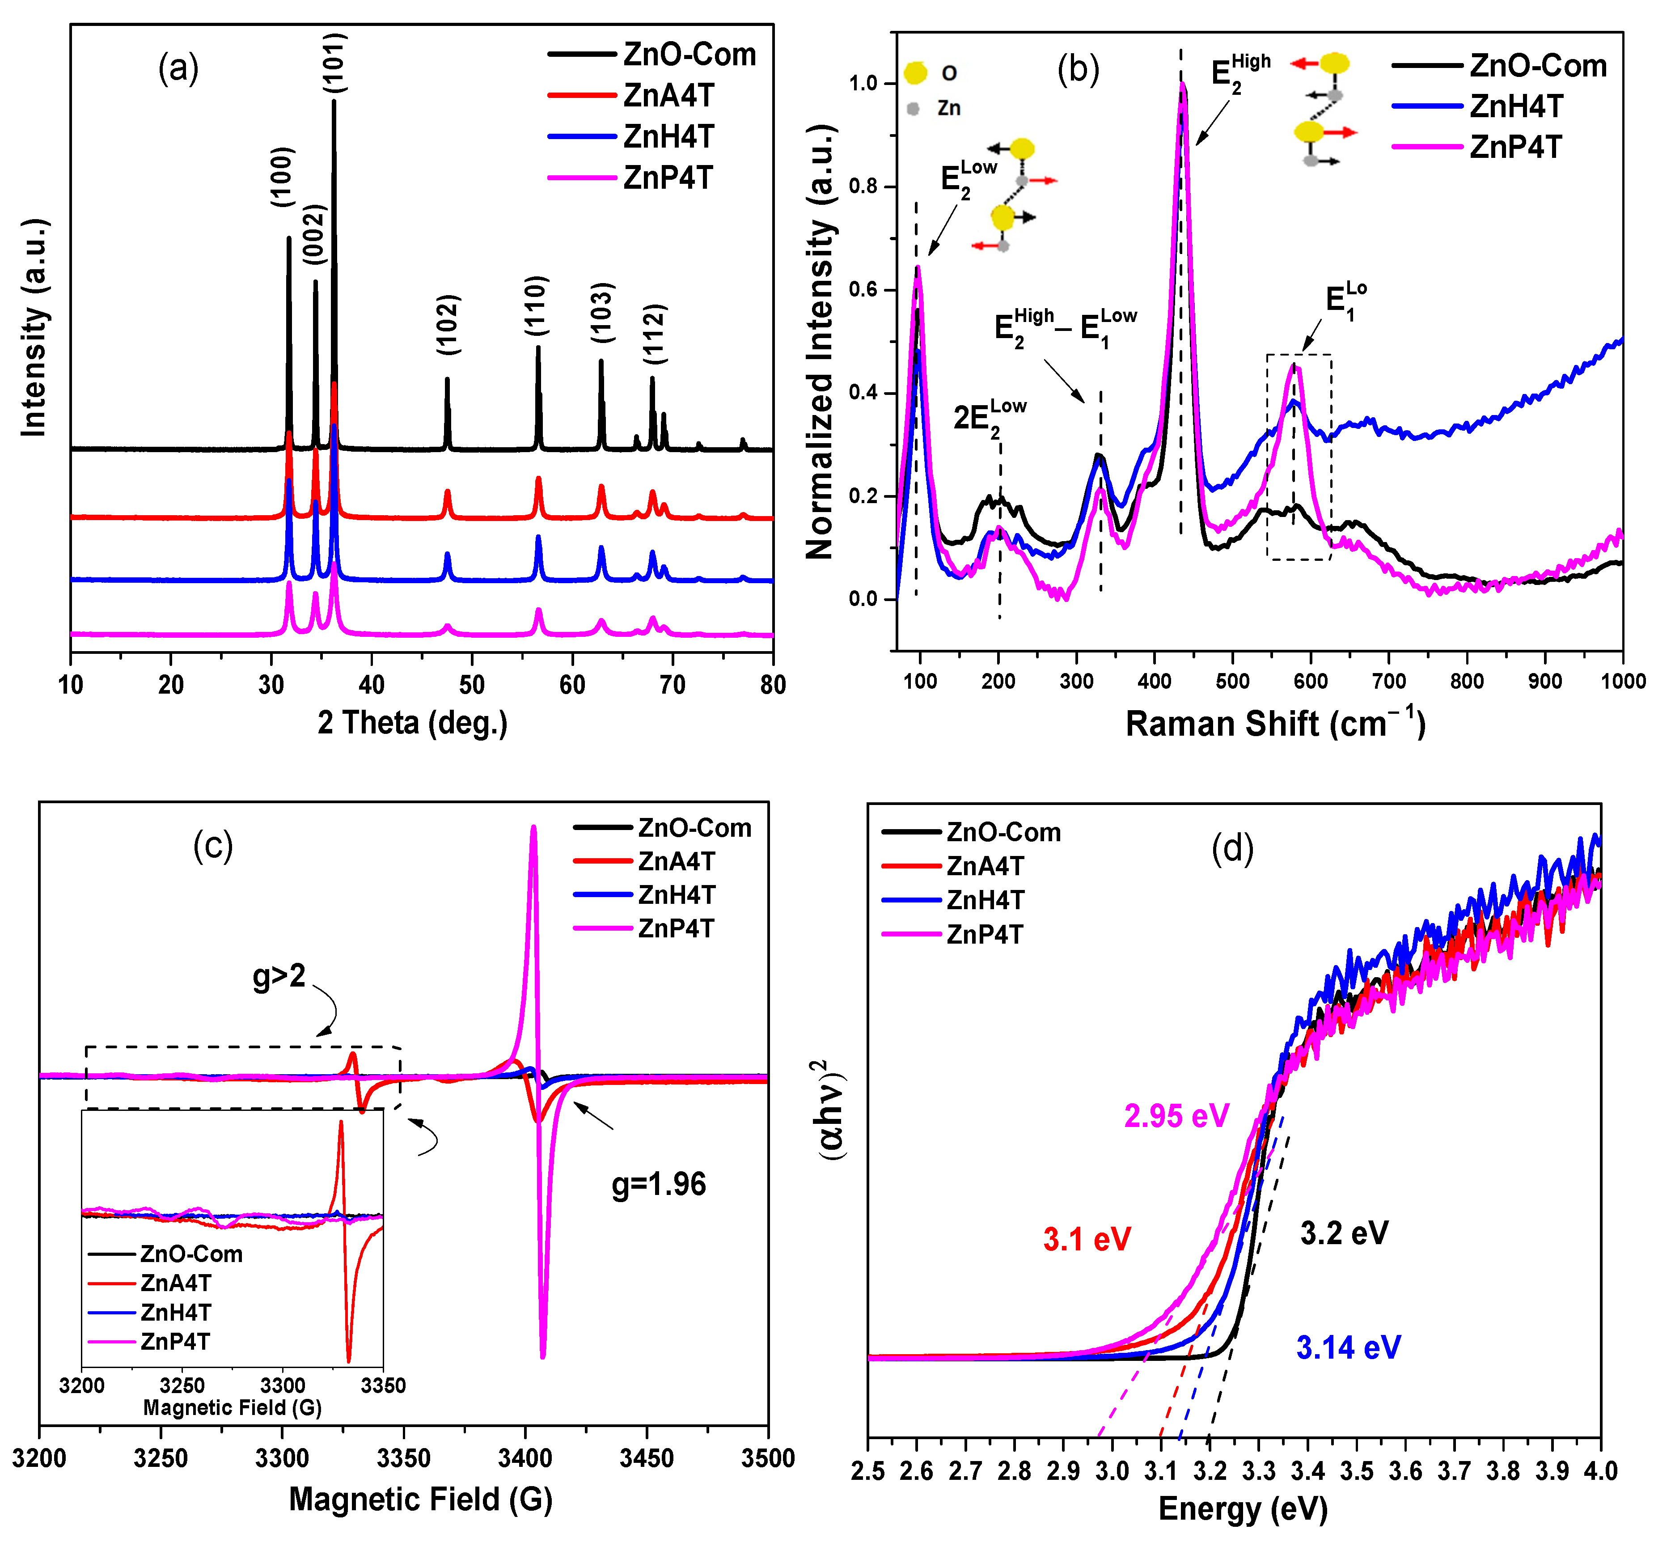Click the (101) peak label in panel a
pos(334,63)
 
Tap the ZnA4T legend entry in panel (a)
pos(668,96)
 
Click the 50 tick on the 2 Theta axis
pos(472,685)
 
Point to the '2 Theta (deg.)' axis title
pos(413,722)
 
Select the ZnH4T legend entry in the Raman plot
pos(1516,106)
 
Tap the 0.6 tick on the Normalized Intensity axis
pos(863,290)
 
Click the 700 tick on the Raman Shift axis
pos(1388,682)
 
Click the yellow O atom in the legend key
pos(915,73)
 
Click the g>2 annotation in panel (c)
pos(279,975)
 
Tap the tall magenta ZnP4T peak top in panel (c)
pos(533,827)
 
